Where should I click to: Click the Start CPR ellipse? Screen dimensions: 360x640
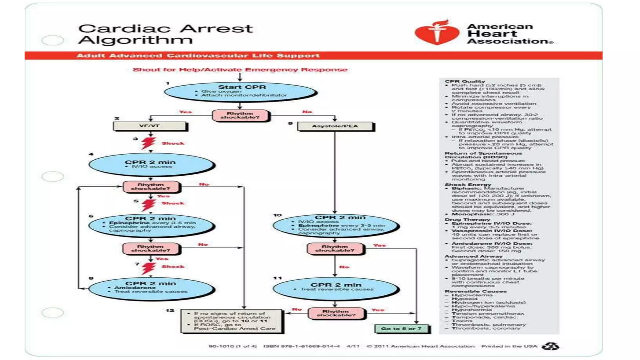point(240,92)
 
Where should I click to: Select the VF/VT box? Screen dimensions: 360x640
point(150,126)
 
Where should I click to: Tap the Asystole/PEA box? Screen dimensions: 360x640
point(335,126)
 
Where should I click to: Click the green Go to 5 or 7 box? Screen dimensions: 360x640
point(402,329)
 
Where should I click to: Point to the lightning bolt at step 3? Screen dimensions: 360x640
point(148,143)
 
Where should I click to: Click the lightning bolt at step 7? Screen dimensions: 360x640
point(148,268)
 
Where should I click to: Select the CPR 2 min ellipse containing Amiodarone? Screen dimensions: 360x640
point(151,288)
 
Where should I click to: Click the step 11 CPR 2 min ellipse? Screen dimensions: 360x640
point(335,287)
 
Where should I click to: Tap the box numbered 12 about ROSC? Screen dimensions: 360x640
point(231,321)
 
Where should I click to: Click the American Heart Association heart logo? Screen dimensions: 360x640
point(437,33)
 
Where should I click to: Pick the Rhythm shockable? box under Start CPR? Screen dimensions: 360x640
point(240,115)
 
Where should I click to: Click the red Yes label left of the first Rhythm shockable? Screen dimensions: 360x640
point(185,112)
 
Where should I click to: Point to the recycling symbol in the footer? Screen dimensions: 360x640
point(550,346)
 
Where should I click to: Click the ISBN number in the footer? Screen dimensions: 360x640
point(301,346)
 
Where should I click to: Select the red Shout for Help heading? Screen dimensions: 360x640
point(240,69)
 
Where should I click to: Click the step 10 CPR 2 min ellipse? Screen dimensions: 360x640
point(335,225)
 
